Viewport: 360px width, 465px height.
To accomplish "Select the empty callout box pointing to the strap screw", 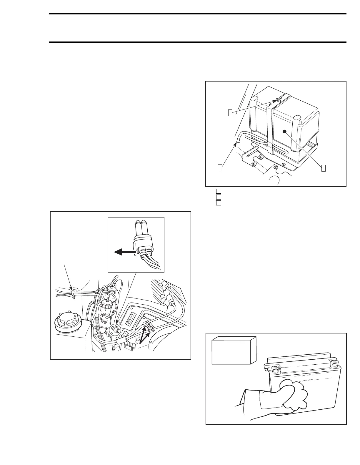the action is click(x=231, y=112).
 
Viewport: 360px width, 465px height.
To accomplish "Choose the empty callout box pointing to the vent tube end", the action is click(x=220, y=167).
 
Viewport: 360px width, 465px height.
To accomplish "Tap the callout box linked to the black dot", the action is click(x=323, y=167).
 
